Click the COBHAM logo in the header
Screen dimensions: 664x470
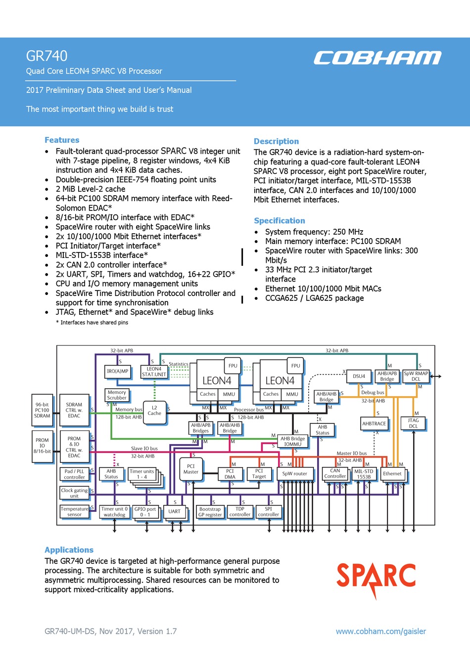click(377, 58)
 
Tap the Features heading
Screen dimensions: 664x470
click(62, 140)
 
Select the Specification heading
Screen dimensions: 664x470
click(280, 221)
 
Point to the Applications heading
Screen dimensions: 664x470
click(69, 550)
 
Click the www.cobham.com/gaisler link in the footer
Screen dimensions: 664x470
click(380, 631)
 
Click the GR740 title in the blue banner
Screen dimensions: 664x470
click(47, 56)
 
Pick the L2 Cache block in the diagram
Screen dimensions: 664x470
click(154, 411)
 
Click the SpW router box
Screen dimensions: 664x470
click(294, 474)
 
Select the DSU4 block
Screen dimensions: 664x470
click(359, 376)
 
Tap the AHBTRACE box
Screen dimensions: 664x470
click(374, 423)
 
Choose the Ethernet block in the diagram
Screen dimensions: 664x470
click(392, 474)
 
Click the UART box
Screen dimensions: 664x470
click(174, 512)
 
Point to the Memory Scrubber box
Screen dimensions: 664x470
click(117, 395)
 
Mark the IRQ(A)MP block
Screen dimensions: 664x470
click(118, 371)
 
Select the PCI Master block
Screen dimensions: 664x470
click(191, 469)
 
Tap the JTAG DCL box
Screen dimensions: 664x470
click(413, 423)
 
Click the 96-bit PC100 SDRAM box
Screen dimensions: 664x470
click(42, 410)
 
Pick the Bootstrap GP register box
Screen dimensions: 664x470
click(210, 512)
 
